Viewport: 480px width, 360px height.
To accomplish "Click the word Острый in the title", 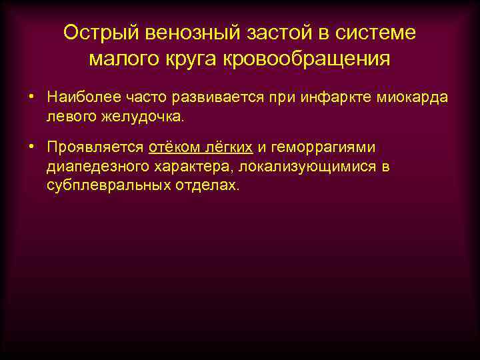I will [x=99, y=33].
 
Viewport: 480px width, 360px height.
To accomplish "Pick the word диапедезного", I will [x=95, y=166].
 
